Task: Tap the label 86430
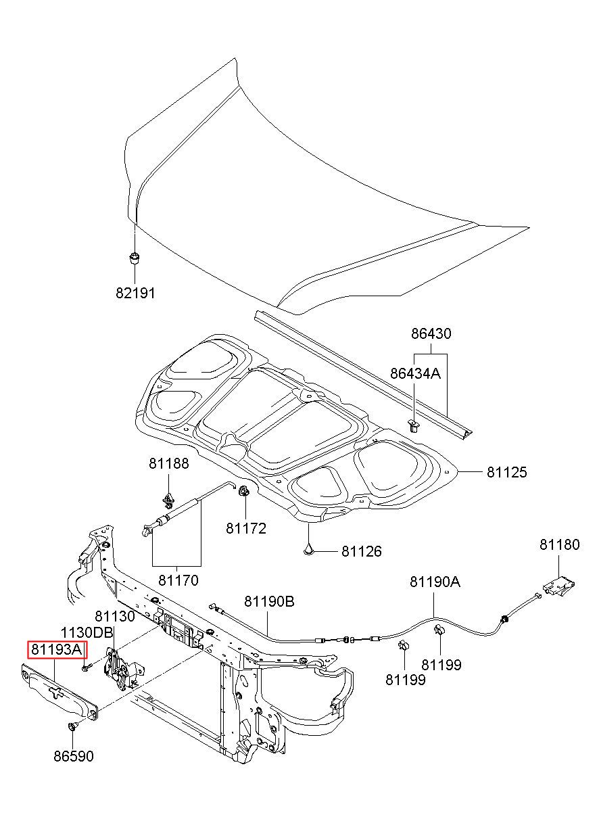click(x=431, y=333)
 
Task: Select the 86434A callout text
click(x=415, y=373)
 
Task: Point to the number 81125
click(x=506, y=472)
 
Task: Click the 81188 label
click(x=168, y=463)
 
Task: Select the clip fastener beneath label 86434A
click(x=413, y=425)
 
